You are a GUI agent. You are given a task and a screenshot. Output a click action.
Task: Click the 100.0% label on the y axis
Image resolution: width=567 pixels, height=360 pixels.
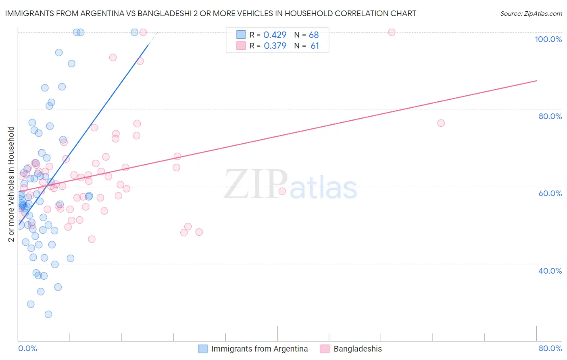tap(548, 39)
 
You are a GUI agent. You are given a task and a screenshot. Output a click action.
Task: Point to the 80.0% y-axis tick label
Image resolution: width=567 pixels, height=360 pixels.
tap(550, 116)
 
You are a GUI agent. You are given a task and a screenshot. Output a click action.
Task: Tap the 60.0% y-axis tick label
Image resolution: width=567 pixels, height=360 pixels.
tap(550, 193)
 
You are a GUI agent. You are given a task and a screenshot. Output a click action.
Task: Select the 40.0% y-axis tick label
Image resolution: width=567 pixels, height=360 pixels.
tap(550, 271)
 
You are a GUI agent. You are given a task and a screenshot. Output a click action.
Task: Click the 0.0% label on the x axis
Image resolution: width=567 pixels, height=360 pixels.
tap(27, 348)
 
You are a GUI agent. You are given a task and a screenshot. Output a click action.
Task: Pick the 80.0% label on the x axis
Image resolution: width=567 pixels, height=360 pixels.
tap(550, 348)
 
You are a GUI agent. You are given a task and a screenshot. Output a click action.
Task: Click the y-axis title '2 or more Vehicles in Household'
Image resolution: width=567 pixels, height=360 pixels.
tap(11, 184)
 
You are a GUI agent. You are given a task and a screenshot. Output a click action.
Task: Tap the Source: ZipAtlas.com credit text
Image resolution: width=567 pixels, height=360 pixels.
tap(531, 13)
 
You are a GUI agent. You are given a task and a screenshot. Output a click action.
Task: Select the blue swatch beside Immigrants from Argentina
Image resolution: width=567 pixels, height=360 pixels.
tap(203, 349)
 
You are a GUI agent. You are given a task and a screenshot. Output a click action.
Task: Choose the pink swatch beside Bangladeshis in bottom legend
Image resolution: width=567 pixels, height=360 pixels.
tap(325, 349)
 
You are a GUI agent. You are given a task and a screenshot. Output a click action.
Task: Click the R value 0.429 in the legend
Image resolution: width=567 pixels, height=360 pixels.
tap(275, 35)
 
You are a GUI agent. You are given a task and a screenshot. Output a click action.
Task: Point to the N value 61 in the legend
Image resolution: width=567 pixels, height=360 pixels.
tap(315, 46)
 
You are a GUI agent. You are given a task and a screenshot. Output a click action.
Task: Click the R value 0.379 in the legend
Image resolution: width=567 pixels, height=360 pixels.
tap(275, 46)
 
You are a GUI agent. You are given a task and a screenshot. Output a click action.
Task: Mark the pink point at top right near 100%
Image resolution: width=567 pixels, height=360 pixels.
tap(391, 32)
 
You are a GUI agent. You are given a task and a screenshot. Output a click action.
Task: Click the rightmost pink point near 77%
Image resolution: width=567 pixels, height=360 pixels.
tap(441, 123)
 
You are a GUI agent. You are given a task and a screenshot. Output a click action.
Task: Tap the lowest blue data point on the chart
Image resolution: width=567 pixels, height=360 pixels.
tap(48, 314)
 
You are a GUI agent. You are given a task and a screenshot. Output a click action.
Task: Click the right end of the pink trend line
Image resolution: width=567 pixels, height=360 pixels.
tap(536, 81)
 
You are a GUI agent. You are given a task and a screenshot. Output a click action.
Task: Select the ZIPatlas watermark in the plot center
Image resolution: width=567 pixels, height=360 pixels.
tap(290, 185)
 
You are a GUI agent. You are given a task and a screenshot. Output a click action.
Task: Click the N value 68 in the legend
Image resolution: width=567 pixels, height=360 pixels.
tap(314, 35)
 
